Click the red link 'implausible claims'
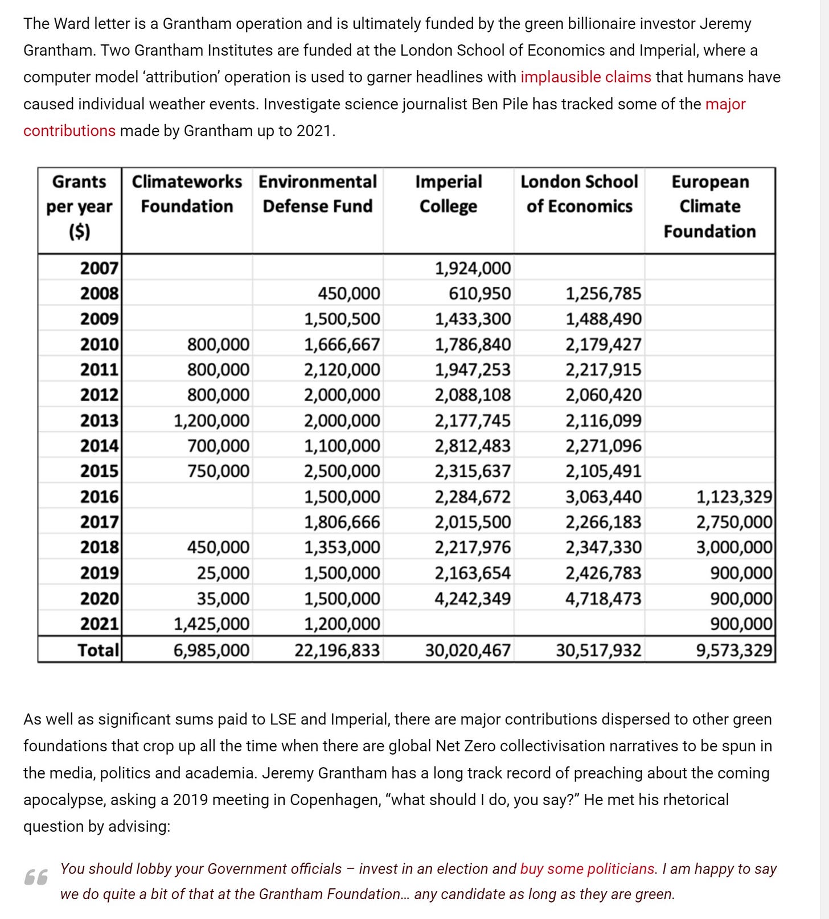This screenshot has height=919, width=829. [x=585, y=77]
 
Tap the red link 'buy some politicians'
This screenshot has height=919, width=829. [x=587, y=869]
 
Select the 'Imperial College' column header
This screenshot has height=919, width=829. [x=448, y=194]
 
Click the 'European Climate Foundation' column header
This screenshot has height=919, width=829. [x=709, y=206]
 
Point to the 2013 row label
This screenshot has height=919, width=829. [x=99, y=421]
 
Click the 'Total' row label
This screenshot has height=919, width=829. [x=99, y=650]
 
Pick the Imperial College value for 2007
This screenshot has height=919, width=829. [x=473, y=268]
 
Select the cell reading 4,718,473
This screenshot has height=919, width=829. [x=603, y=599]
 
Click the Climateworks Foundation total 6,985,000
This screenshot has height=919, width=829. [x=211, y=650]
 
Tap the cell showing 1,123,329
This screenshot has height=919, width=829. [x=734, y=497]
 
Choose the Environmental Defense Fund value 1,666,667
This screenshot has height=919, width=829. [x=342, y=344]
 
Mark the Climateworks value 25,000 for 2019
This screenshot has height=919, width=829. [x=223, y=573]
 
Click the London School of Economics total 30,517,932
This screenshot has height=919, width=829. [x=598, y=650]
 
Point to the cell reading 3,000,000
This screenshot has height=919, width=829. [x=734, y=547]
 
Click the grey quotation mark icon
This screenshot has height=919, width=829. [x=36, y=878]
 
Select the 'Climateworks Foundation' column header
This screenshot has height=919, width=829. [x=187, y=194]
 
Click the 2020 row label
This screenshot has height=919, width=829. [x=99, y=599]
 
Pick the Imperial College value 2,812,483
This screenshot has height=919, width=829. [x=473, y=446]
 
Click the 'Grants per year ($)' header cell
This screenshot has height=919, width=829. [x=79, y=206]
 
